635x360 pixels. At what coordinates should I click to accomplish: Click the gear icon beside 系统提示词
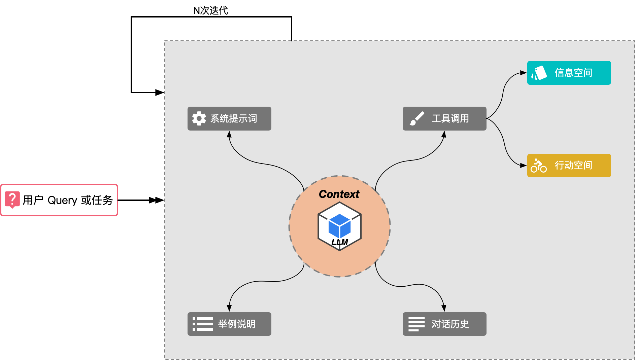click(199, 118)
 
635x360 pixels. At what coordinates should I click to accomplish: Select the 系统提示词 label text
click(234, 118)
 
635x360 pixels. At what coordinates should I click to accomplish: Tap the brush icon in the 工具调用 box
click(417, 118)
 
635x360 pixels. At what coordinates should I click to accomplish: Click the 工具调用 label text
click(450, 118)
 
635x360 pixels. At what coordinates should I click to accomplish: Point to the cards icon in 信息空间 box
click(539, 73)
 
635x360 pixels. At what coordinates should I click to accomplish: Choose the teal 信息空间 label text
click(573, 73)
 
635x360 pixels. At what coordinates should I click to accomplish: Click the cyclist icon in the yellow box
click(538, 166)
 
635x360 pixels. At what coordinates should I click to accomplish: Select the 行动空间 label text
click(573, 166)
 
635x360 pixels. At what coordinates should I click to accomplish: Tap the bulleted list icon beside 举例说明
click(203, 324)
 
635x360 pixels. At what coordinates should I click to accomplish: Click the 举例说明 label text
click(237, 324)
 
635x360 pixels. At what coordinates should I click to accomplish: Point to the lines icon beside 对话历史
click(416, 324)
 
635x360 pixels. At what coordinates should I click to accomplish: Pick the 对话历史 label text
click(450, 324)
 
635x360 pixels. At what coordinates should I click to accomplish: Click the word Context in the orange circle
click(339, 194)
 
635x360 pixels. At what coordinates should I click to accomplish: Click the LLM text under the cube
click(339, 242)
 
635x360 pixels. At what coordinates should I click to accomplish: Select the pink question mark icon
click(12, 200)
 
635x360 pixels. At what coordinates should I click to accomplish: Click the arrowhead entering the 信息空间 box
click(524, 73)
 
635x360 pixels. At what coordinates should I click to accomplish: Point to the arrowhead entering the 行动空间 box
click(524, 165)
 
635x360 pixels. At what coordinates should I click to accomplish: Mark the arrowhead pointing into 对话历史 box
click(444, 308)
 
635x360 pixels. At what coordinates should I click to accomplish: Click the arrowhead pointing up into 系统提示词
click(229, 135)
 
